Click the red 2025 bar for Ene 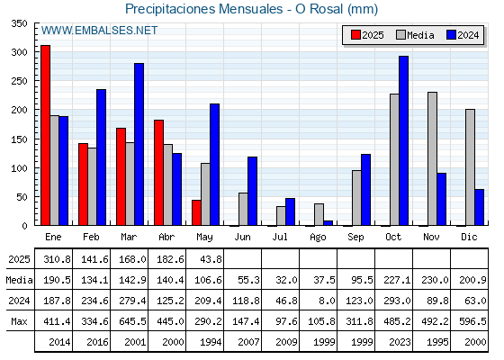click(45, 135)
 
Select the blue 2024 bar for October click(404, 140)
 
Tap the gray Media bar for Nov click(432, 158)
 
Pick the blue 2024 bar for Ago click(328, 223)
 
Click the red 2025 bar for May click(196, 212)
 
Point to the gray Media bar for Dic click(470, 167)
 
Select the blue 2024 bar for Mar click(139, 144)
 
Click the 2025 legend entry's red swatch click(355, 35)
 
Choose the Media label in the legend click(420, 35)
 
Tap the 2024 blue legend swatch click(451, 35)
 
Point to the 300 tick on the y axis click(19, 52)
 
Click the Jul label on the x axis click(280, 238)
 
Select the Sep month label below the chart click(355, 238)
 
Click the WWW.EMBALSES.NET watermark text click(99, 31)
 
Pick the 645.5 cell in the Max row click(132, 321)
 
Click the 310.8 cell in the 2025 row click(57, 259)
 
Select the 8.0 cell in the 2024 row click(327, 301)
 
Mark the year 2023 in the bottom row click(400, 342)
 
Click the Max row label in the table click(19, 321)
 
